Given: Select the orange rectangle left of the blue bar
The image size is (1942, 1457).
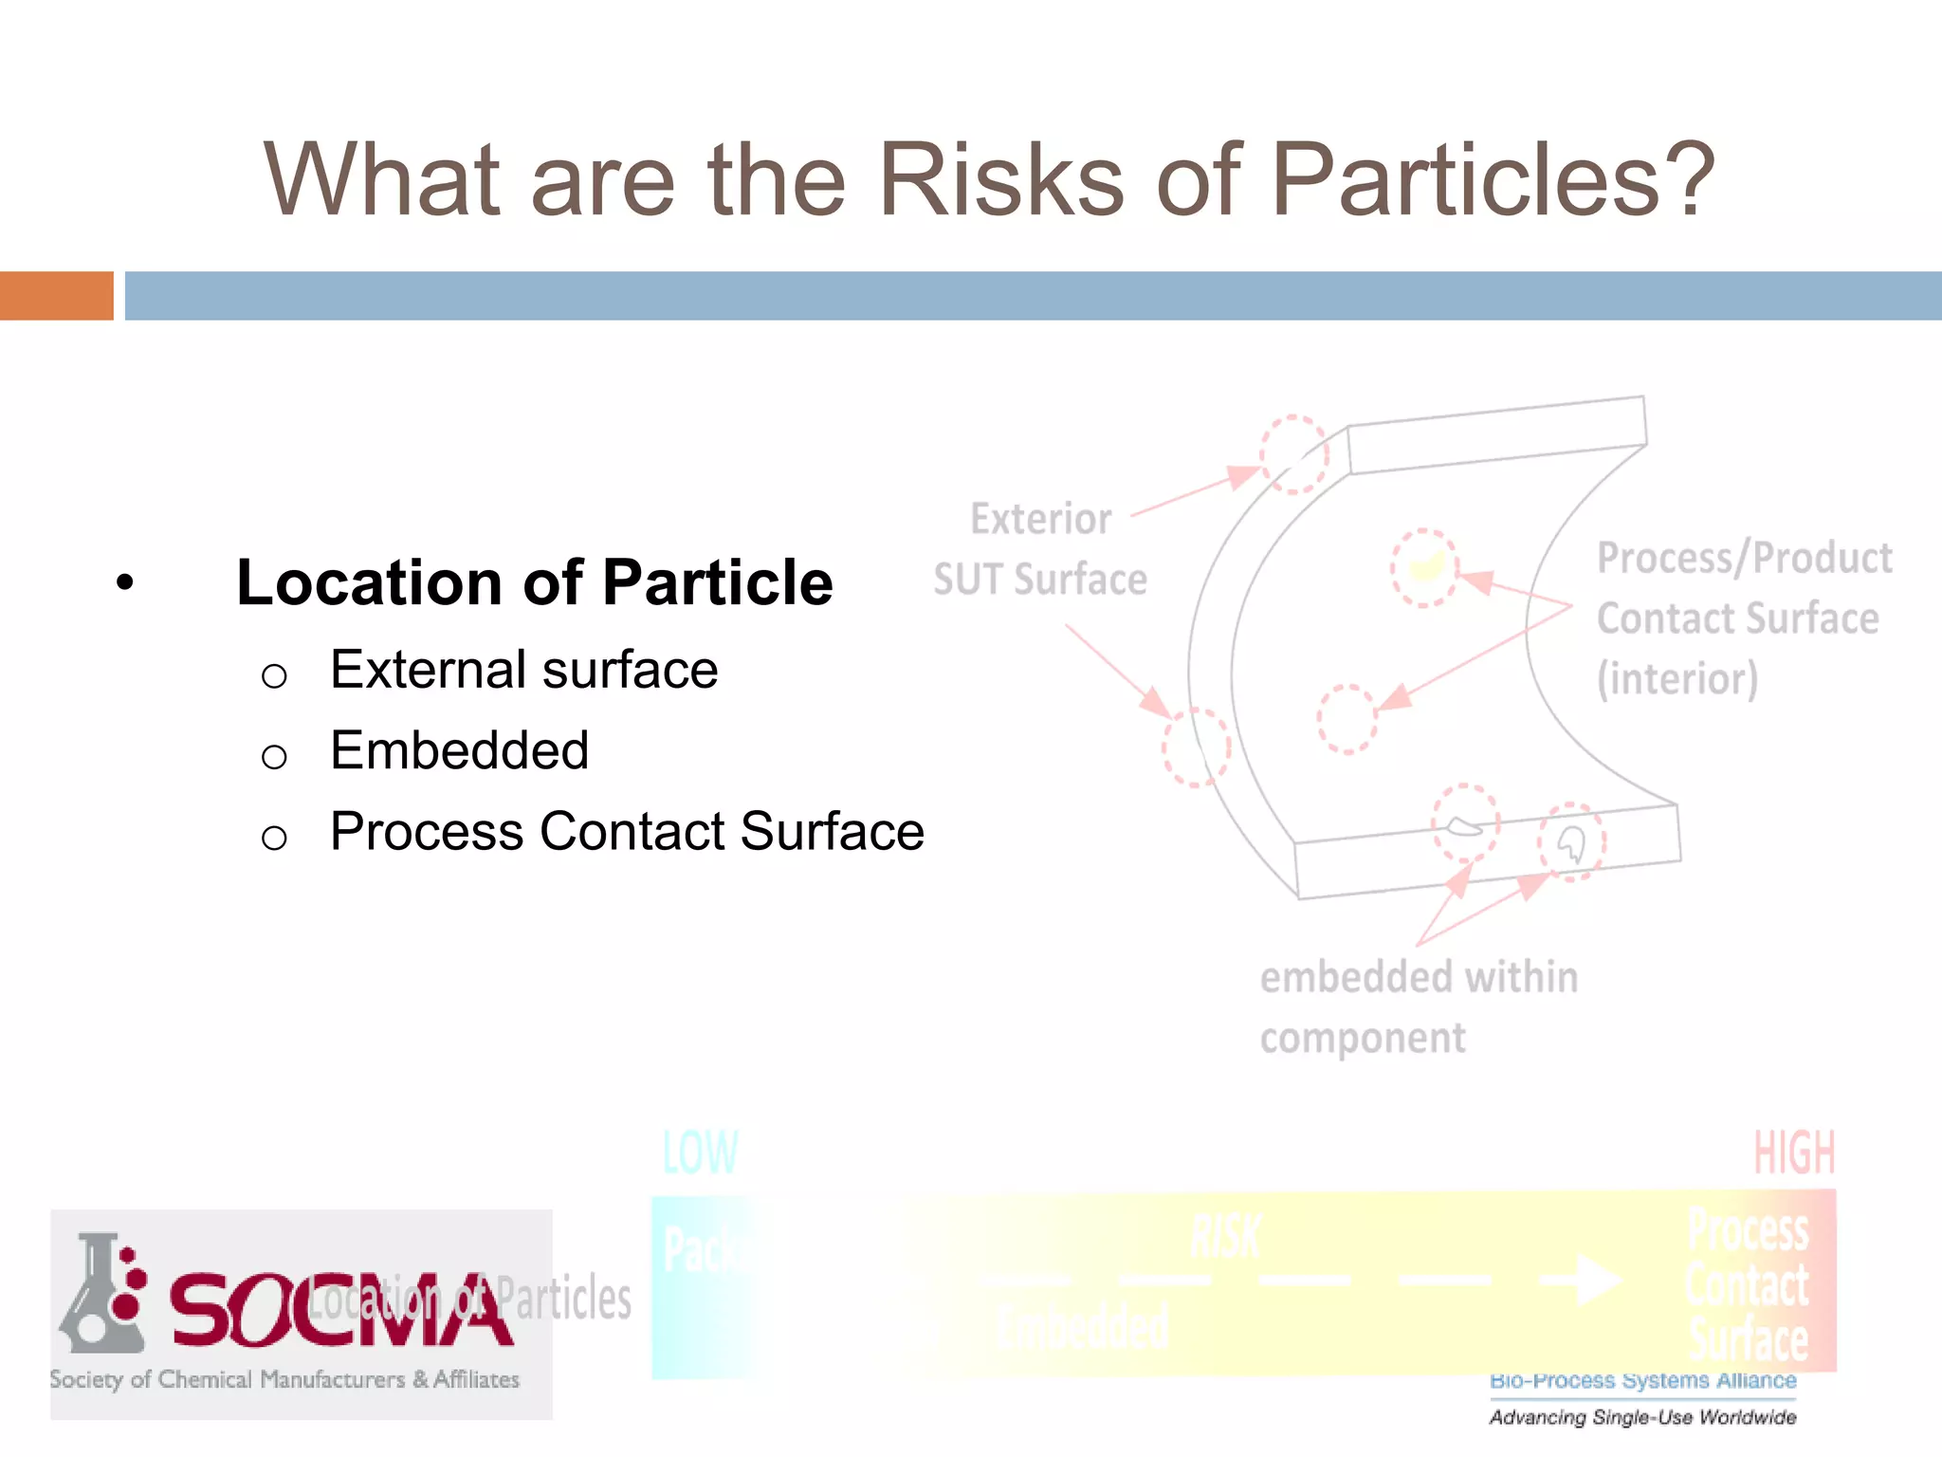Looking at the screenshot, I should [56, 296].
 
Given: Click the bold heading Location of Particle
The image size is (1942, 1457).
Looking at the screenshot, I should [534, 582].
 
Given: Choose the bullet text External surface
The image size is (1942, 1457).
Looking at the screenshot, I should [523, 670].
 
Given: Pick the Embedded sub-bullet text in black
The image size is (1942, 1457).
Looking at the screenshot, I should [459, 750].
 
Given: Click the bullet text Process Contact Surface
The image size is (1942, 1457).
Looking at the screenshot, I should [627, 832].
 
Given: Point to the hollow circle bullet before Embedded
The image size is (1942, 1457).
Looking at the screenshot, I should [274, 757].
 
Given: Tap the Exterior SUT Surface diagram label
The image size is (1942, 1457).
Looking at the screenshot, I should [1040, 549].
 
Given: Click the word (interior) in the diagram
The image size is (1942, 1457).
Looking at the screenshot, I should [1676, 679].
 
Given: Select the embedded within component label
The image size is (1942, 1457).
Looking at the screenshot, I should [1418, 1006].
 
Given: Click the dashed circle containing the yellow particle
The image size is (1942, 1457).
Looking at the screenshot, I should [1424, 568].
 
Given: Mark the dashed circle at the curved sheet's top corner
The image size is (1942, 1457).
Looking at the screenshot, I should [1294, 454].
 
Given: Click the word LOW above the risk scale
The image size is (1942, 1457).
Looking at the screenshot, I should [700, 1153].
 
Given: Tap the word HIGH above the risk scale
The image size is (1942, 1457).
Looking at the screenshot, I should [1794, 1153].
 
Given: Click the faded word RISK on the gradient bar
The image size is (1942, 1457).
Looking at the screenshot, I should [1225, 1237].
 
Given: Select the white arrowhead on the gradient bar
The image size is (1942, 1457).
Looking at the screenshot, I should [1598, 1280].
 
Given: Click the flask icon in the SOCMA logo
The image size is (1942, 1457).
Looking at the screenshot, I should [101, 1296].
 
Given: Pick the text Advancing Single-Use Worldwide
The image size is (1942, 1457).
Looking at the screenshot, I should [1642, 1417].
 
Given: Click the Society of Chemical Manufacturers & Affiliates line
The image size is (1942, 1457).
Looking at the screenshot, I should [284, 1379].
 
